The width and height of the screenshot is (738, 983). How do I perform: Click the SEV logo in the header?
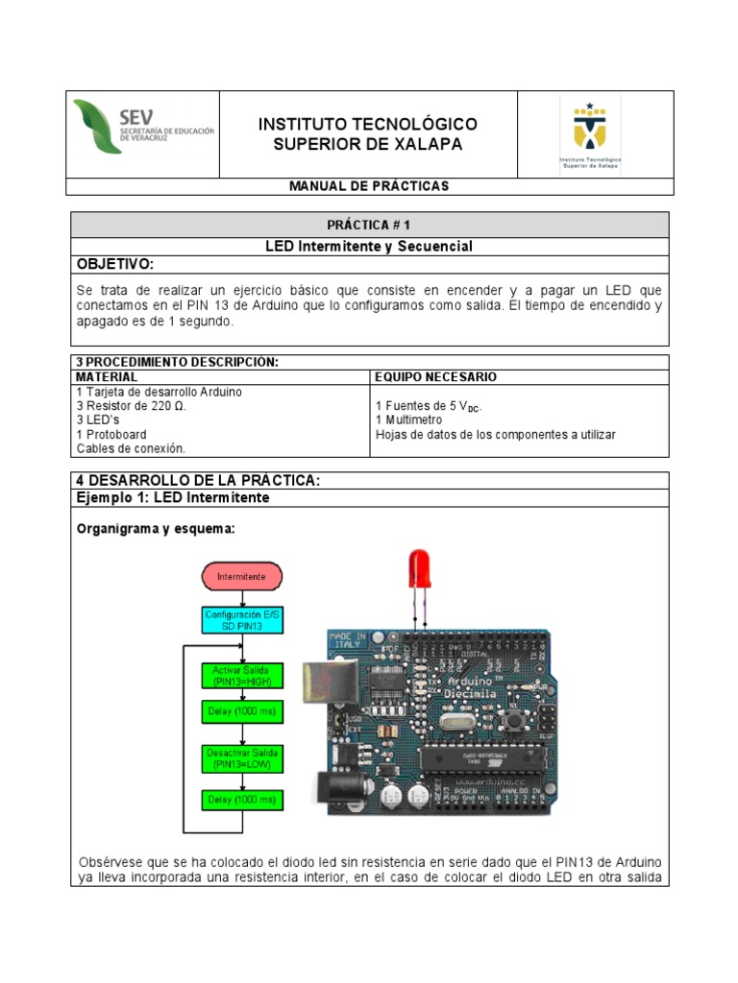click(144, 126)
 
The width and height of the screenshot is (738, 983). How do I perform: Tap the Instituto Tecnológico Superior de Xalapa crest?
click(591, 134)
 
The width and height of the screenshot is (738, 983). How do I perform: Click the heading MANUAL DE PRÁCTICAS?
click(369, 185)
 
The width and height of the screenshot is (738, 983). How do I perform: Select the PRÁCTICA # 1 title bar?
click(369, 225)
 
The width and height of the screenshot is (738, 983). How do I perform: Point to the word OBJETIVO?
click(114, 264)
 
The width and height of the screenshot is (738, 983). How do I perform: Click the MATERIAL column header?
click(107, 377)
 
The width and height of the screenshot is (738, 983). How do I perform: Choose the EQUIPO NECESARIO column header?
click(435, 377)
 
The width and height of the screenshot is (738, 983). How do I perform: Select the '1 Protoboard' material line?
click(113, 434)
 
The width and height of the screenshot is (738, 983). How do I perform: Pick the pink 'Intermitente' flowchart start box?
click(241, 577)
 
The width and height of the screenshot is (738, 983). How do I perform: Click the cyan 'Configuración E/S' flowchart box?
click(241, 619)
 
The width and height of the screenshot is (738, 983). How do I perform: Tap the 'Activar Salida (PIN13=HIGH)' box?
click(241, 675)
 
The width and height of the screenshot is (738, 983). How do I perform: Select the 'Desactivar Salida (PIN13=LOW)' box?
click(241, 758)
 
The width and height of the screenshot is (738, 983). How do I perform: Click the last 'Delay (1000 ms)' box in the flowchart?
click(241, 799)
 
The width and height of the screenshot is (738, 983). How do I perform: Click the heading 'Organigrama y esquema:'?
click(155, 529)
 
